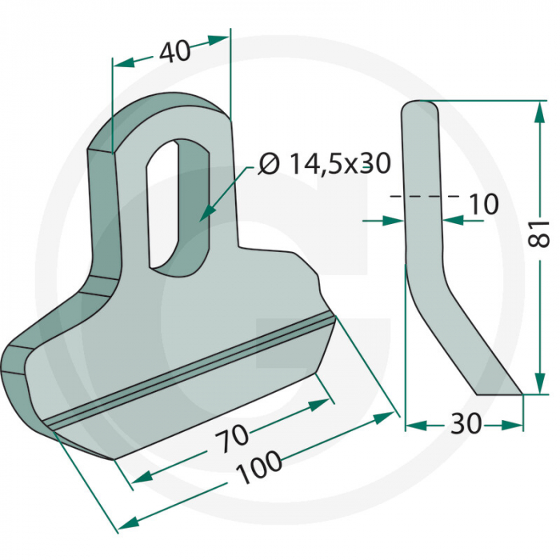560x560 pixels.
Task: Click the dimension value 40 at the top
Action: pyautogui.click(x=174, y=53)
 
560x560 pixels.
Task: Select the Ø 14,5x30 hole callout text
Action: pyautogui.click(x=325, y=164)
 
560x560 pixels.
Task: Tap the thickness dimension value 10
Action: pyautogui.click(x=482, y=204)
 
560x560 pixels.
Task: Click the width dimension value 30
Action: pyautogui.click(x=466, y=424)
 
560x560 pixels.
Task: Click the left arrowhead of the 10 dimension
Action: pyautogui.click(x=394, y=220)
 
